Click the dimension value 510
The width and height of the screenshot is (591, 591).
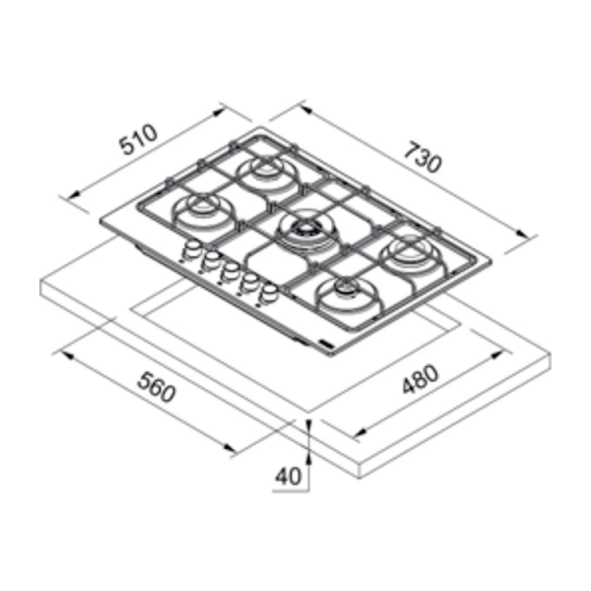click(138, 139)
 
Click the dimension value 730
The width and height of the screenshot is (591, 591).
click(422, 158)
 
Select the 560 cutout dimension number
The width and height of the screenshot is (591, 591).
click(156, 386)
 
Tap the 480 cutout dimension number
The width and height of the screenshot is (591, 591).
click(421, 378)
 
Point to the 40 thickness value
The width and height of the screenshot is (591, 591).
click(289, 476)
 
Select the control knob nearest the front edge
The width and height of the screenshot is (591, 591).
click(267, 294)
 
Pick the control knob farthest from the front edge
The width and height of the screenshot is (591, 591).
click(190, 250)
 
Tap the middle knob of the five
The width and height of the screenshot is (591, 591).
click(229, 272)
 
